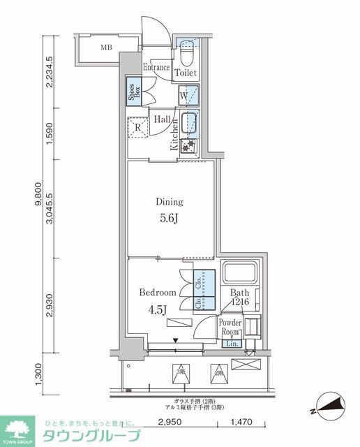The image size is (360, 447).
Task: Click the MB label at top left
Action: point(106,48)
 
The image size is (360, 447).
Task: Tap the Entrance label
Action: point(156,68)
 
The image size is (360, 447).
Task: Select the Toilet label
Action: point(186,73)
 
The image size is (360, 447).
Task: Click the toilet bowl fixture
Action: point(187,52)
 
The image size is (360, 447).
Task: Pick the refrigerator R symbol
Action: point(138,128)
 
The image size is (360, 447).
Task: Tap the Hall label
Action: point(164,119)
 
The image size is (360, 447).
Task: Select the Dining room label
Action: point(169,202)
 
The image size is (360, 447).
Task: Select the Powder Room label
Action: point(230,328)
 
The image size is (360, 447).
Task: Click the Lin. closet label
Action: point(232,344)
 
